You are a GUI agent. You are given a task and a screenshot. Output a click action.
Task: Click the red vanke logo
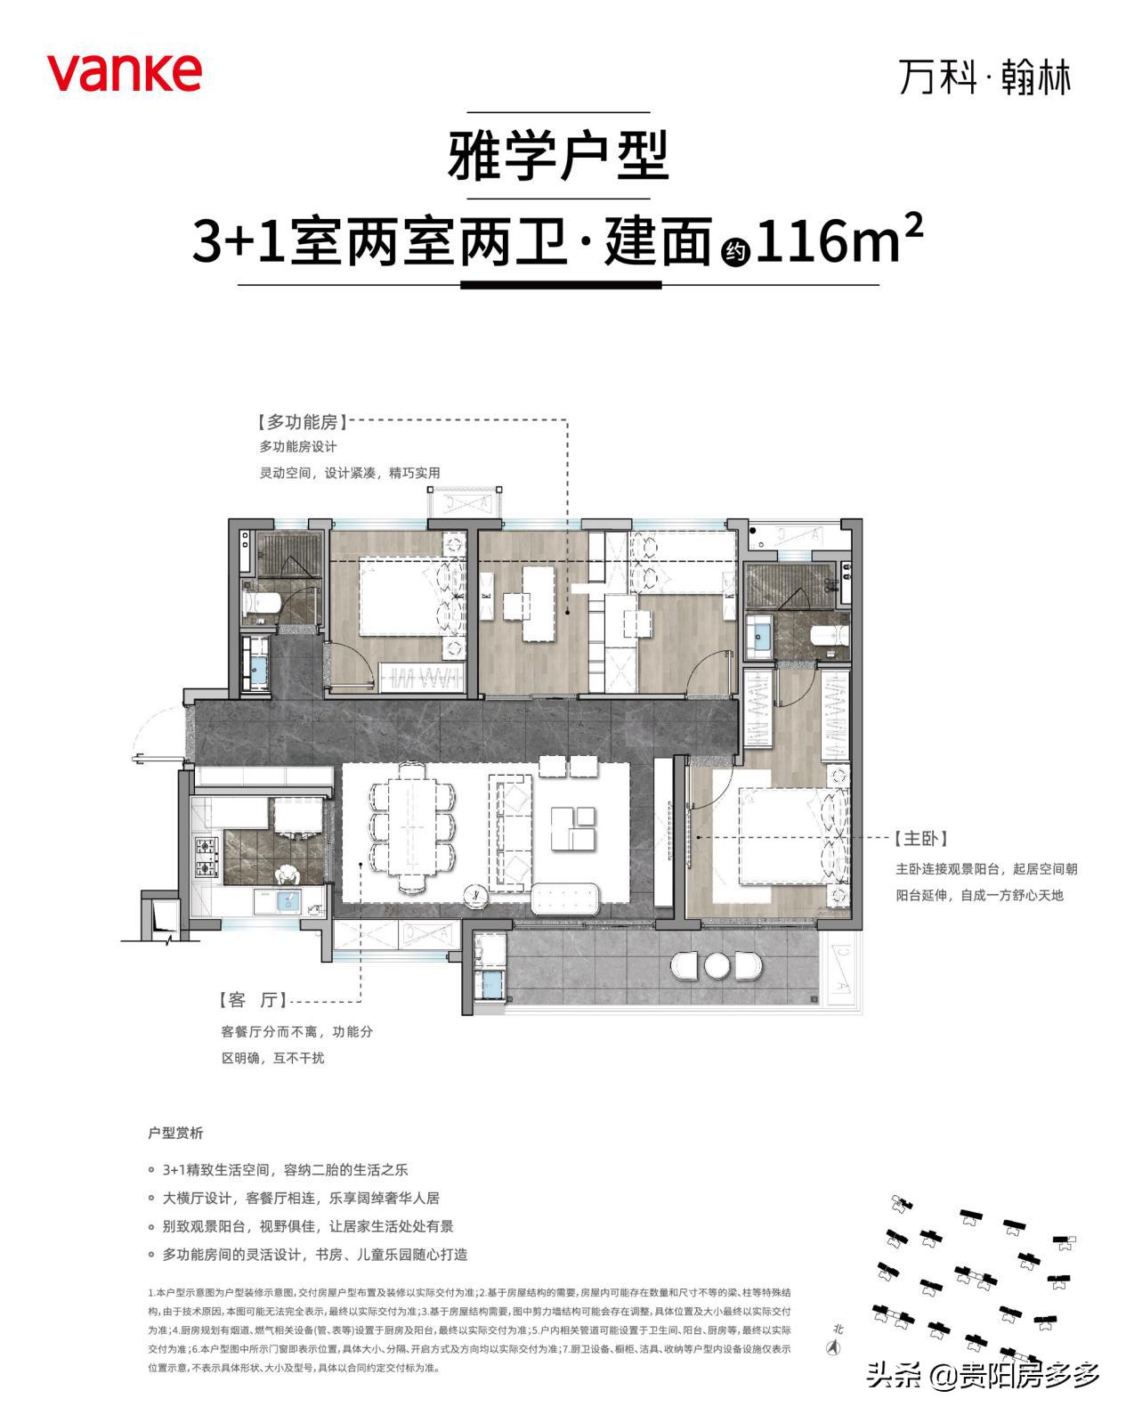point(124,72)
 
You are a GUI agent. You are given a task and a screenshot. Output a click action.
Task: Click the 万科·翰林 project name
point(984,77)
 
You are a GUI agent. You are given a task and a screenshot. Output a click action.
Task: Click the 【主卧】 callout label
point(920,839)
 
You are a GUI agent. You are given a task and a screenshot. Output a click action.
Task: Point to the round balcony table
point(717,965)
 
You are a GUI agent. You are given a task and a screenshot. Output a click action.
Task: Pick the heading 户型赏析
point(175,1133)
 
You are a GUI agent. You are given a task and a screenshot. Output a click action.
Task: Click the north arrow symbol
point(834,1346)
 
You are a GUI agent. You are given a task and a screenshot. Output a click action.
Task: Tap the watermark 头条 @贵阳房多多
point(983,1376)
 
